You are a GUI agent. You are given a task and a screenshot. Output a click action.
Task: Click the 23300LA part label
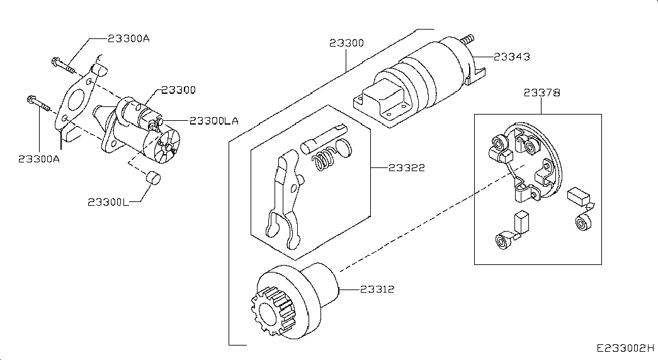point(214,121)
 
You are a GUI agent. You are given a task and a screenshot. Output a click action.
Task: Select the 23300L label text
point(108,202)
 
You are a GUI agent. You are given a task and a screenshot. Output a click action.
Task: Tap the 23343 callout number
point(511,57)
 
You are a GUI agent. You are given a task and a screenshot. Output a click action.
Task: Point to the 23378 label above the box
point(542,93)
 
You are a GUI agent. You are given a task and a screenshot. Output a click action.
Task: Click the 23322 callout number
point(407,168)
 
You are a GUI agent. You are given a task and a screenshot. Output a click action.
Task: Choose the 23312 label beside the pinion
point(377,289)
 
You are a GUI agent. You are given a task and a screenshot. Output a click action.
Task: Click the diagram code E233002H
point(626,348)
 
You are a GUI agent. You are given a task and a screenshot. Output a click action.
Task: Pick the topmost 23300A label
point(128,38)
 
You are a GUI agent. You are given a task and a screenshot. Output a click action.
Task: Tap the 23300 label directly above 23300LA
point(179,90)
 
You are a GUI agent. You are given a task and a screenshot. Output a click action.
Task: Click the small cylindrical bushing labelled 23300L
point(153,177)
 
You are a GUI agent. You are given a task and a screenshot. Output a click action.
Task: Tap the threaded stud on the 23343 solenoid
point(467,40)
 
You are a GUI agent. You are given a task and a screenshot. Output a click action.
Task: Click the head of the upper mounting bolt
point(55,62)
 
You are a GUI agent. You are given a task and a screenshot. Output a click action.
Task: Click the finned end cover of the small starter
point(162,147)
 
